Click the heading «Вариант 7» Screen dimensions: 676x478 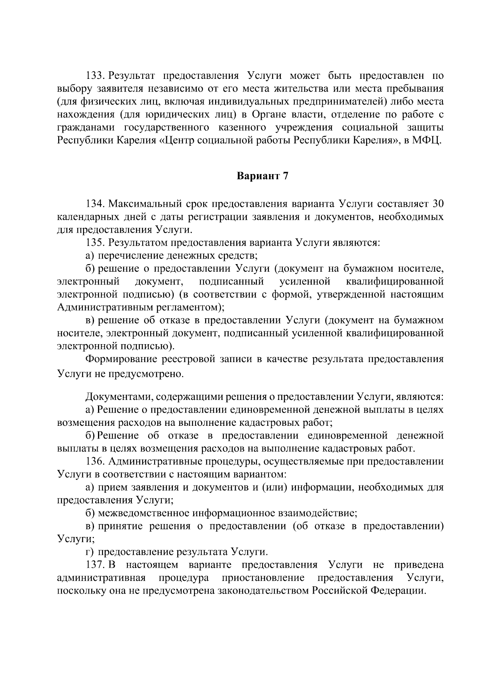(x=262, y=176)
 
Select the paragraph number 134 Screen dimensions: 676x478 (x=95, y=204)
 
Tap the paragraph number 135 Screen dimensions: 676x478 (x=95, y=243)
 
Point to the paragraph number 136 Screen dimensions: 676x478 (x=95, y=462)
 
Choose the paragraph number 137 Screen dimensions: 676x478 (x=95, y=565)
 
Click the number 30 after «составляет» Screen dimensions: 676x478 (x=437, y=204)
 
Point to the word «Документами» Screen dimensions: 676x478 (x=119, y=397)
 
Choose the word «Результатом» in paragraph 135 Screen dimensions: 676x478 (x=138, y=243)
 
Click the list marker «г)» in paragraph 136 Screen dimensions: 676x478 (x=90, y=552)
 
